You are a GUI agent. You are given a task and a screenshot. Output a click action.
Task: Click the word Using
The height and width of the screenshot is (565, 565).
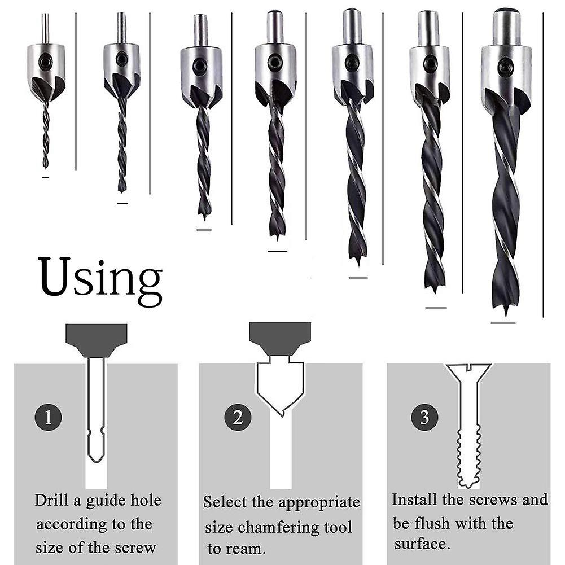(x=100, y=278)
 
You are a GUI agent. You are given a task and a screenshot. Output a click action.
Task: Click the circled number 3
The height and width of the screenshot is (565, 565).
(x=424, y=418)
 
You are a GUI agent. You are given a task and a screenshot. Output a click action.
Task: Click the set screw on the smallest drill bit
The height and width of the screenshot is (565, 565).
(x=45, y=58)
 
